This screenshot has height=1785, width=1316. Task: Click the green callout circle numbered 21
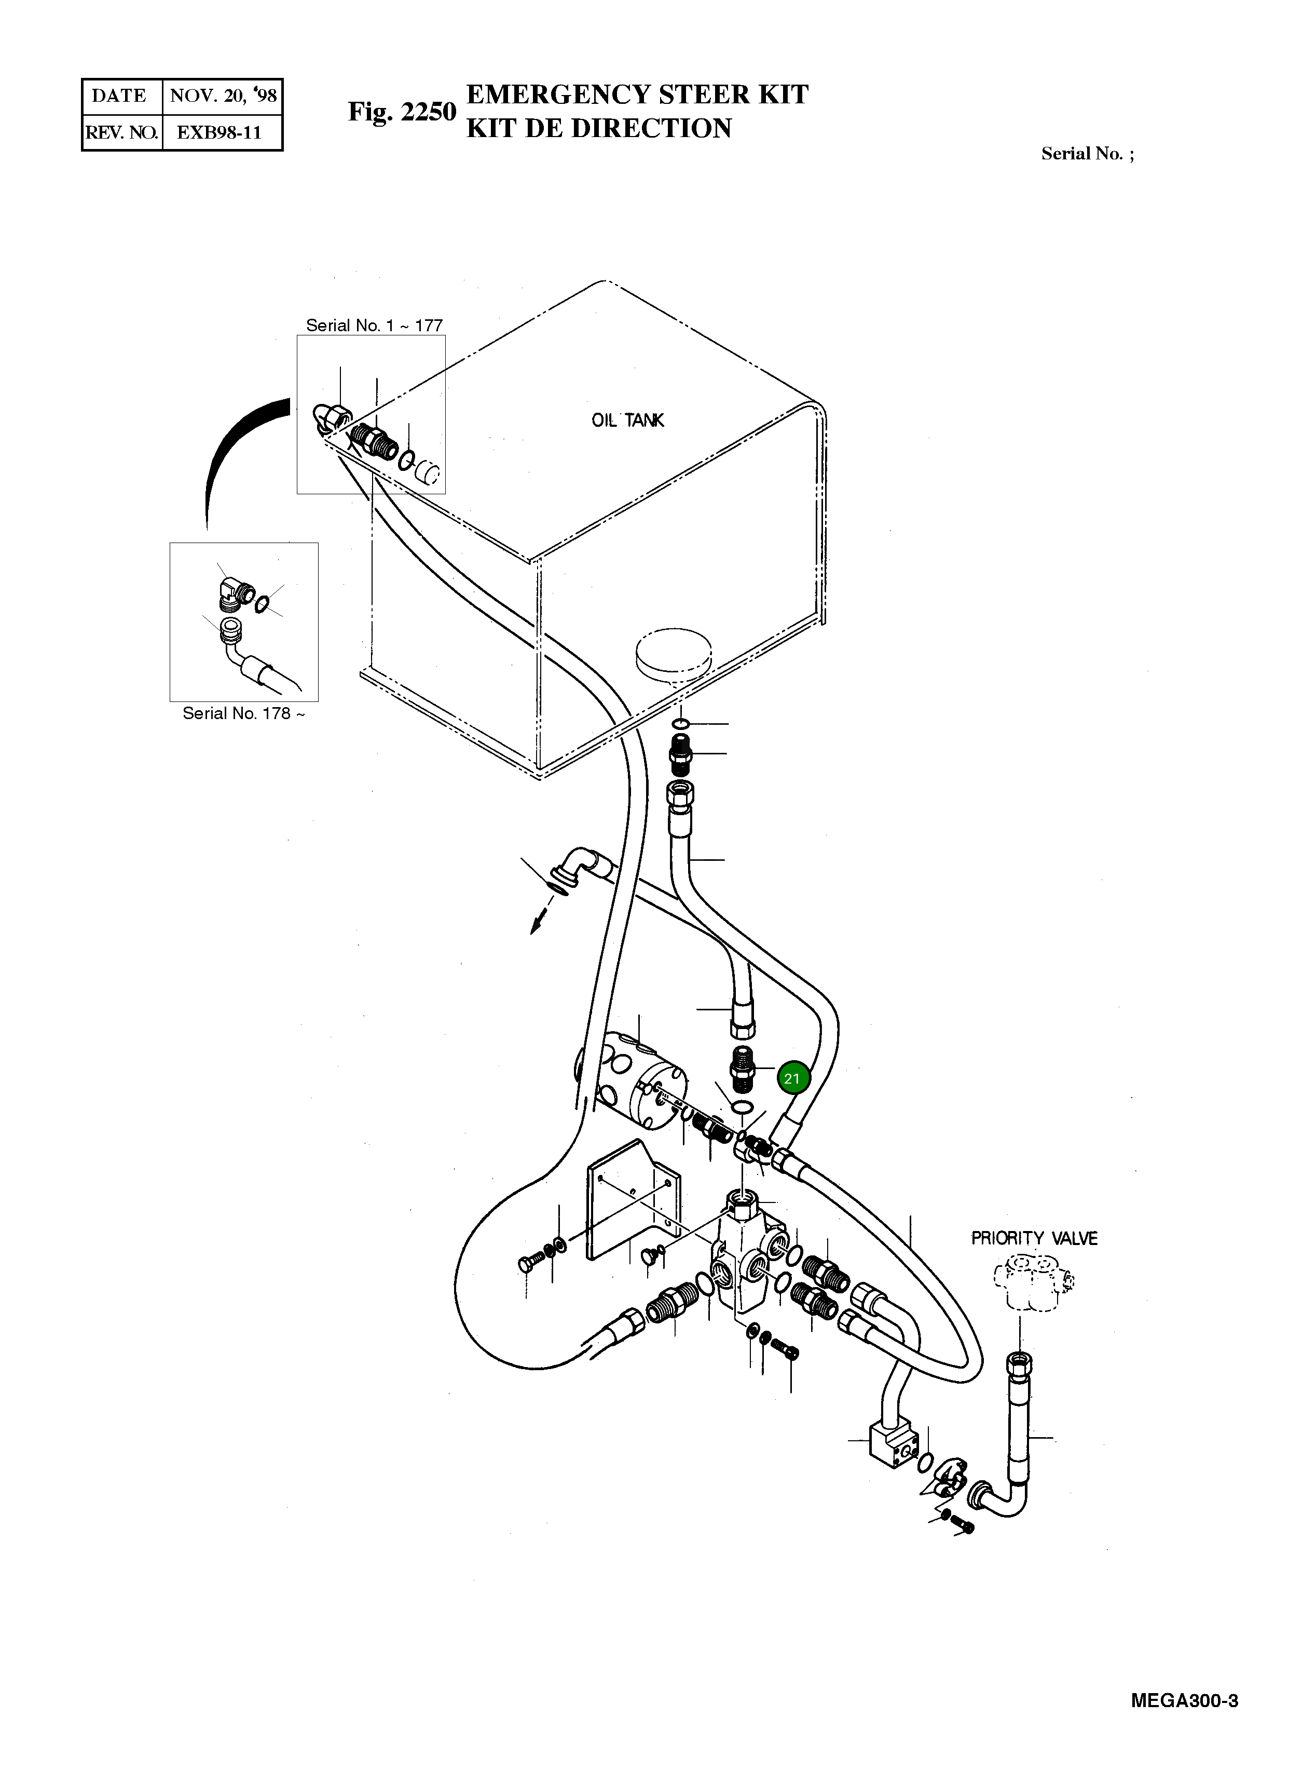pyautogui.click(x=792, y=1079)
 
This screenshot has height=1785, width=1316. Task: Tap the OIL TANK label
pyautogui.click(x=628, y=421)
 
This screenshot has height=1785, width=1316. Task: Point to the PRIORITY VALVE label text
pyautogui.click(x=1034, y=1238)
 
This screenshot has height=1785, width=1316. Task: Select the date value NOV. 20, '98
pyautogui.click(x=223, y=97)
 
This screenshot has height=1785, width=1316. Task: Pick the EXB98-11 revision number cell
pyautogui.click(x=219, y=132)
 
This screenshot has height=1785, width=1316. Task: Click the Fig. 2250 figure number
pyautogui.click(x=402, y=112)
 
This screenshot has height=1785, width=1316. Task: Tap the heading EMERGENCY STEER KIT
pyautogui.click(x=637, y=95)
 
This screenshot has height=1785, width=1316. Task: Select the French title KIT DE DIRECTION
pyautogui.click(x=599, y=128)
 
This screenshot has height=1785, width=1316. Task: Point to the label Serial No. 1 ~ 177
pyautogui.click(x=375, y=325)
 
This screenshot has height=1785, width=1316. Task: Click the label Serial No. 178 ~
pyautogui.click(x=243, y=713)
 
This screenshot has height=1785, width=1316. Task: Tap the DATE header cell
pyautogui.click(x=119, y=97)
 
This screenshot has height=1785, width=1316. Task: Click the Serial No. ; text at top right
pyautogui.click(x=1087, y=154)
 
